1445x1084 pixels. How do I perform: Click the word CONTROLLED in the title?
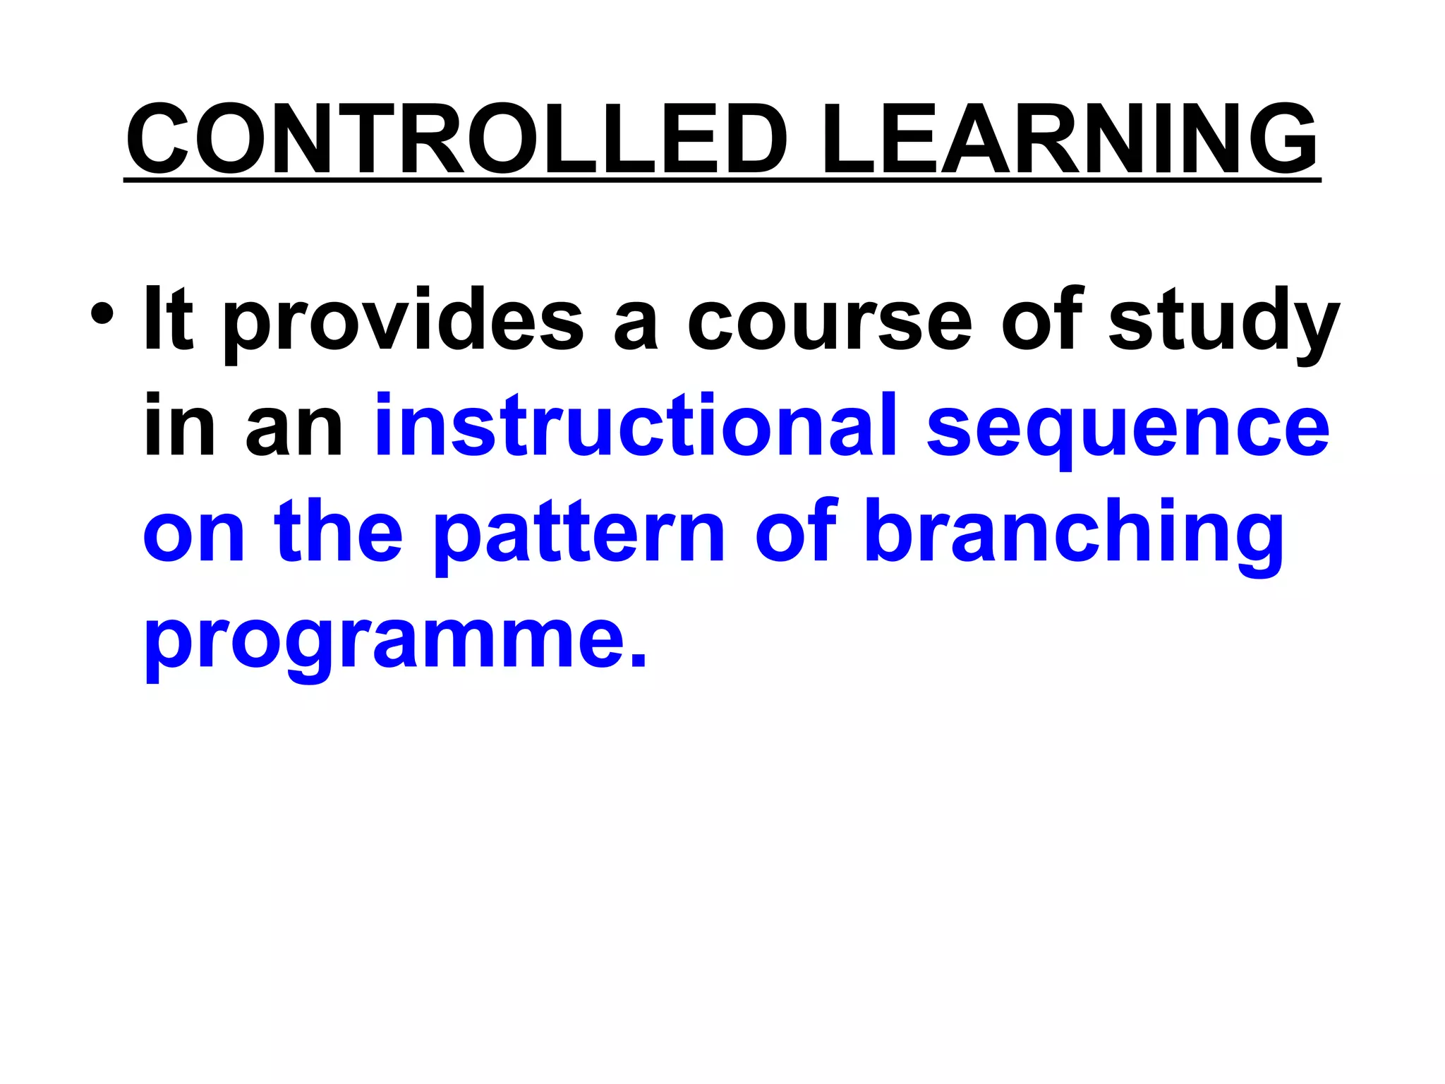(x=457, y=139)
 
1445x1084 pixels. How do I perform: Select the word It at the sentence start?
(x=168, y=319)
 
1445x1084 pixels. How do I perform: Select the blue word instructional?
(x=635, y=425)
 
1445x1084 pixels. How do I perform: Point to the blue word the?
(x=339, y=531)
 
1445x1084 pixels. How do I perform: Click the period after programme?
(x=637, y=660)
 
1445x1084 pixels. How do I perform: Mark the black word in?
(x=179, y=425)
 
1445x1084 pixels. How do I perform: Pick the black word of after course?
(x=1040, y=319)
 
